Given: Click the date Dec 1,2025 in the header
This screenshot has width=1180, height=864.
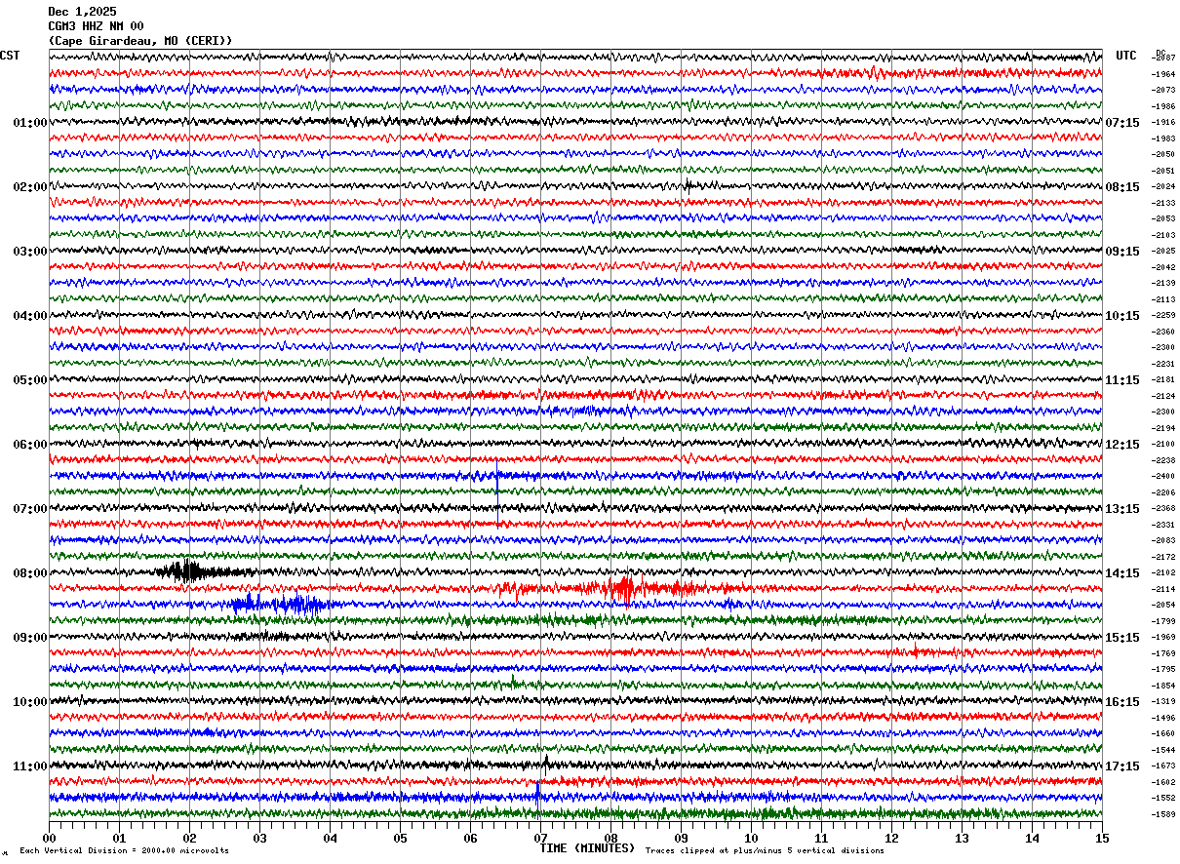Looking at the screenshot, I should [x=82, y=12].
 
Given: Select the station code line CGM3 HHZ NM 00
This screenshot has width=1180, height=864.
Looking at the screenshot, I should [x=96, y=26].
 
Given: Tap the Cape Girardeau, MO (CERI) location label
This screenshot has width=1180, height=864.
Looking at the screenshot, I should [x=139, y=41].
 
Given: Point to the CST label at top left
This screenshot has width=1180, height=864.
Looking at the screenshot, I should [x=10, y=56].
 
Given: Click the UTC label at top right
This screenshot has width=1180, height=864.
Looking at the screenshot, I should [x=1126, y=56].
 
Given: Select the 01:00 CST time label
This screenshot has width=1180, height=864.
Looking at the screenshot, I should [x=30, y=123].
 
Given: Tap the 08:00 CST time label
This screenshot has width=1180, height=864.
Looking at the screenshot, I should [x=30, y=573].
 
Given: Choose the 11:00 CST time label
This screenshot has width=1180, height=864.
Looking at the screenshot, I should [x=30, y=766].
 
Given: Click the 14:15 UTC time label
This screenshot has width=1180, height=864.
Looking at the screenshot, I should [x=1122, y=573].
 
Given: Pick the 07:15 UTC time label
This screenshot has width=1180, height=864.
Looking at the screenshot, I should [x=1122, y=123].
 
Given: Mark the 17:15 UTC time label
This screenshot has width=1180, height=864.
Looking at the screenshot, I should [x=1122, y=766].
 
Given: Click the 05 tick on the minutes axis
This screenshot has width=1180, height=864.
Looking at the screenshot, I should [x=400, y=838].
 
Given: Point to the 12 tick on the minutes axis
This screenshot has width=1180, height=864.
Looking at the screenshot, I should [x=891, y=838].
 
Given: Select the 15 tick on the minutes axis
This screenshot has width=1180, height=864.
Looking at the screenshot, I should [x=1102, y=838].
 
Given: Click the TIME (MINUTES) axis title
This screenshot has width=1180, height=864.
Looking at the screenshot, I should [x=587, y=848].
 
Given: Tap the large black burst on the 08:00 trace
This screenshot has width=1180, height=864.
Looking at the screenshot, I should [x=186, y=570].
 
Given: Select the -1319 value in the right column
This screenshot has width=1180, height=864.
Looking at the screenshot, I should [x=1164, y=701].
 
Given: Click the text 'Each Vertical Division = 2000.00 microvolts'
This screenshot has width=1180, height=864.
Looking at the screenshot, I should [x=124, y=851].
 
